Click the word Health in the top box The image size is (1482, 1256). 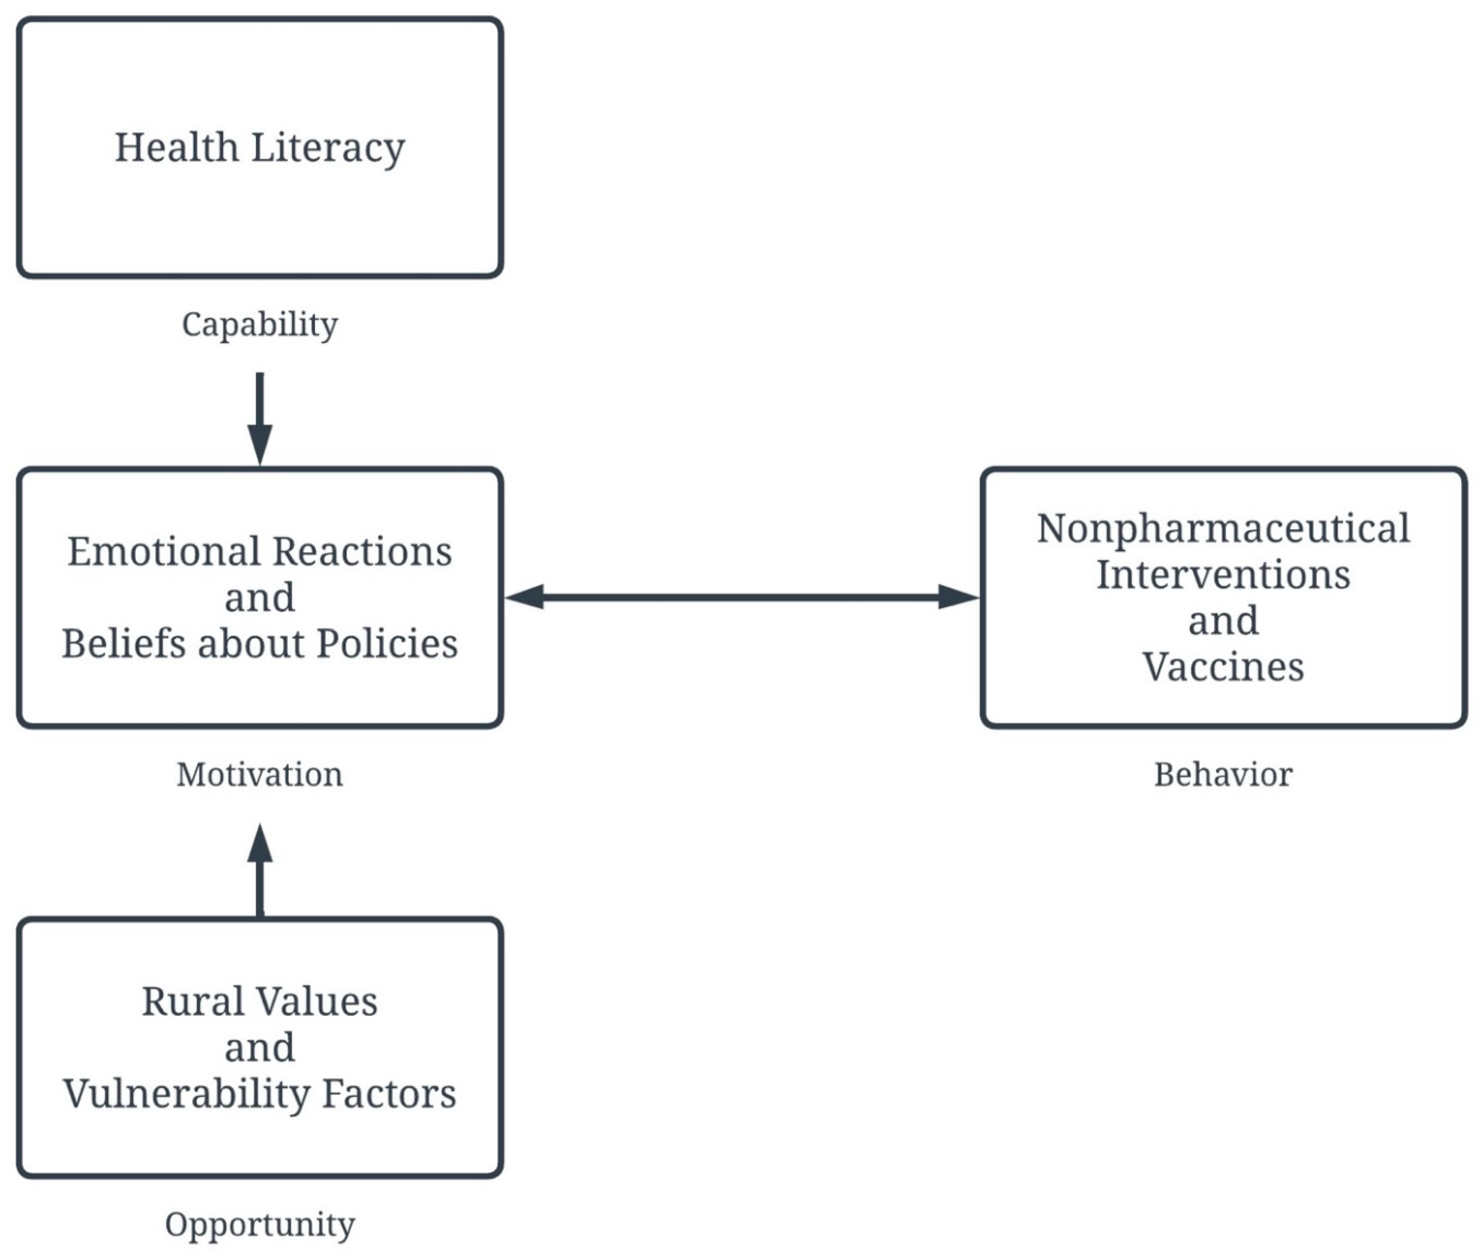pyautogui.click(x=176, y=148)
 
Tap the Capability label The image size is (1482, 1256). pyautogui.click(x=260, y=325)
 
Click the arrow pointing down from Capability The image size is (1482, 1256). pyautogui.click(x=260, y=420)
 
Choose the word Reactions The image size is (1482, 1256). pyautogui.click(x=362, y=552)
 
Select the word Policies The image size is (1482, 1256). pyautogui.click(x=387, y=644)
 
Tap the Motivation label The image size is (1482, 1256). pyautogui.click(x=260, y=775)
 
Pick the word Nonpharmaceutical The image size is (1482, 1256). pyautogui.click(x=1223, y=529)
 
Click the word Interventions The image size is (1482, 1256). pyautogui.click(x=1223, y=575)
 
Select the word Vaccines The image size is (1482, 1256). pyautogui.click(x=1223, y=667)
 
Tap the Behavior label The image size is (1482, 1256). pyautogui.click(x=1223, y=775)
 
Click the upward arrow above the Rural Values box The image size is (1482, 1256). pyautogui.click(x=260, y=869)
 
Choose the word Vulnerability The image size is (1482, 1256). pyautogui.click(x=186, y=1094)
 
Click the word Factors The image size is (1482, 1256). pyautogui.click(x=389, y=1094)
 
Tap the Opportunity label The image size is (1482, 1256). pyautogui.click(x=260, y=1224)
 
